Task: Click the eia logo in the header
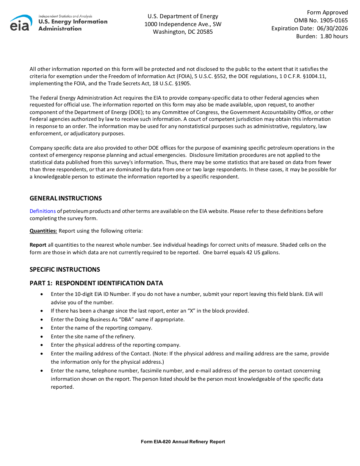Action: pos(21,23)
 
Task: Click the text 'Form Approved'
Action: pos(327,13)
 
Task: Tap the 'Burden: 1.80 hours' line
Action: pos(322,36)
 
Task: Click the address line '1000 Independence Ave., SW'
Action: pos(183,24)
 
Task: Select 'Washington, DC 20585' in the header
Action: pos(183,32)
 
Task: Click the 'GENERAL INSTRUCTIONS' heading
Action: pos(66,199)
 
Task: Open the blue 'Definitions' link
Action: pos(42,211)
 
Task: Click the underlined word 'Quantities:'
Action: pos(43,231)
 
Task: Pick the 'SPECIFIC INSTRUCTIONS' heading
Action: pos(65,270)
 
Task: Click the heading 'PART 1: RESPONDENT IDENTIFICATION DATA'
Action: pos(96,283)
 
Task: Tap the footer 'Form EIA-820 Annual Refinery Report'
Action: pos(183,442)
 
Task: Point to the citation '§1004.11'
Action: pos(315,77)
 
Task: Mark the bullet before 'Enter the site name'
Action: pos(41,336)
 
